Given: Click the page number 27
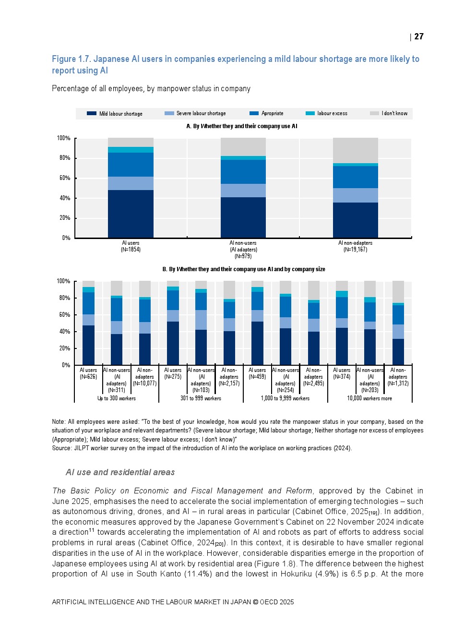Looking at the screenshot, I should pos(419,36).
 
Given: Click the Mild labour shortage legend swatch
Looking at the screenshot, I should pos(92,114).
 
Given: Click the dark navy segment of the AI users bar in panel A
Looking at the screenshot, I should pos(131,214).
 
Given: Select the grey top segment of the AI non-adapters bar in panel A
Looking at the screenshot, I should pos(355,150).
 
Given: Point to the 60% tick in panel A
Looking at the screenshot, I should pos(64,178).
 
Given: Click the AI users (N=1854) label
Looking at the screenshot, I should pos(131,246).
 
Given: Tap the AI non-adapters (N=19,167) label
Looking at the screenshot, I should pos(355,246).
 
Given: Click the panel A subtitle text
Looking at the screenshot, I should pos(242,126).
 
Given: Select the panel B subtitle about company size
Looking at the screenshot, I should pos(244,269).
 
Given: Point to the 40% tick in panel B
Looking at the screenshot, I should pos(64,332).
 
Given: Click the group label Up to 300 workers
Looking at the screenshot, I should pos(117,398).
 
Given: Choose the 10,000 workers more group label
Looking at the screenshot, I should pos(369,398).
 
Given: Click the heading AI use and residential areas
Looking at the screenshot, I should pos(120,472).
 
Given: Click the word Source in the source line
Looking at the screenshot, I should pos(61,448).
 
